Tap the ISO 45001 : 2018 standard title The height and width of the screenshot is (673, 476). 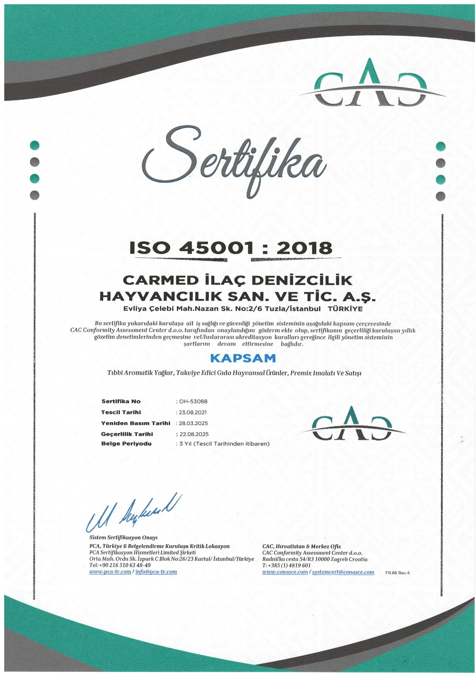tap(231, 248)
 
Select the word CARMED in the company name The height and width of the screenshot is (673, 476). tap(160, 280)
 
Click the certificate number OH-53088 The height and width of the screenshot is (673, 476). tap(193, 401)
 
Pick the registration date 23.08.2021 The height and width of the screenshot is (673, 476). tap(193, 412)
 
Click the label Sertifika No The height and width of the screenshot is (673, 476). tap(121, 401)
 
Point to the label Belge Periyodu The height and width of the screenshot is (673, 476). tap(126, 444)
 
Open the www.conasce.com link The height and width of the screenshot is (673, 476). tap(285, 572)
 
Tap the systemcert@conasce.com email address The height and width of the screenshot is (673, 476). tap(343, 572)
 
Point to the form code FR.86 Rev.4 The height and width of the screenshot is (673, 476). tap(397, 573)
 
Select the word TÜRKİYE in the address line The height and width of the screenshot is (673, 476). tap(345, 309)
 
